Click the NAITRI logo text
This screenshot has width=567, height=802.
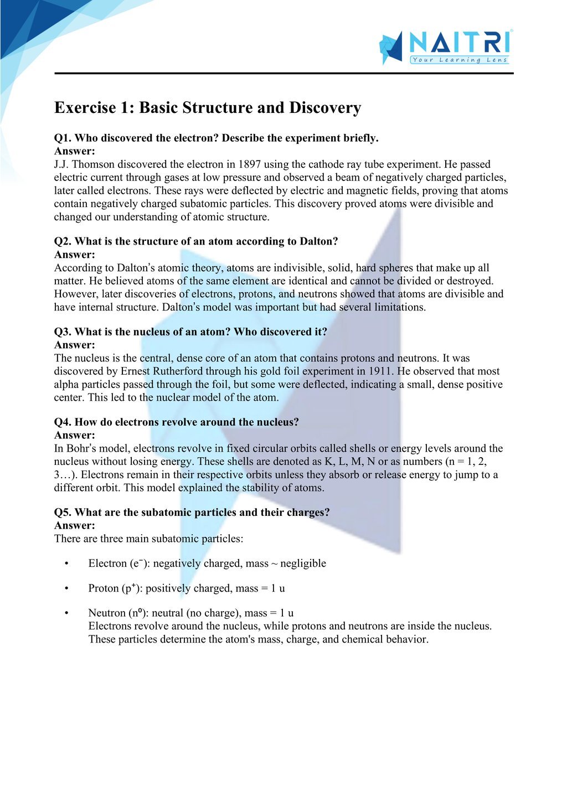coord(459,43)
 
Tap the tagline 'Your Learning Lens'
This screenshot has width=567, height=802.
coord(460,60)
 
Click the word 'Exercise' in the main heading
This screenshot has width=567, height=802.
coord(85,107)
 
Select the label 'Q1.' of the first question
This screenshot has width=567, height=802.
coord(63,138)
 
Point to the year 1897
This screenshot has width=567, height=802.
coord(250,164)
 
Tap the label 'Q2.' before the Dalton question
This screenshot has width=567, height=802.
coord(63,241)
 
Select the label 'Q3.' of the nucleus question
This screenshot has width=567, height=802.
coord(63,332)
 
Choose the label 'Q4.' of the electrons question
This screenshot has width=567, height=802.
coord(63,422)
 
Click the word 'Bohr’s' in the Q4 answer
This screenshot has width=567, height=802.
coord(83,448)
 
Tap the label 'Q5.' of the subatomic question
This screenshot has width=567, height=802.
coord(63,513)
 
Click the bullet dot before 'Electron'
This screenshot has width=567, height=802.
coord(66,563)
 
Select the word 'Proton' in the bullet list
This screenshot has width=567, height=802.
coord(104,588)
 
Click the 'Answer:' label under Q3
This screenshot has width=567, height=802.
coord(75,345)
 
